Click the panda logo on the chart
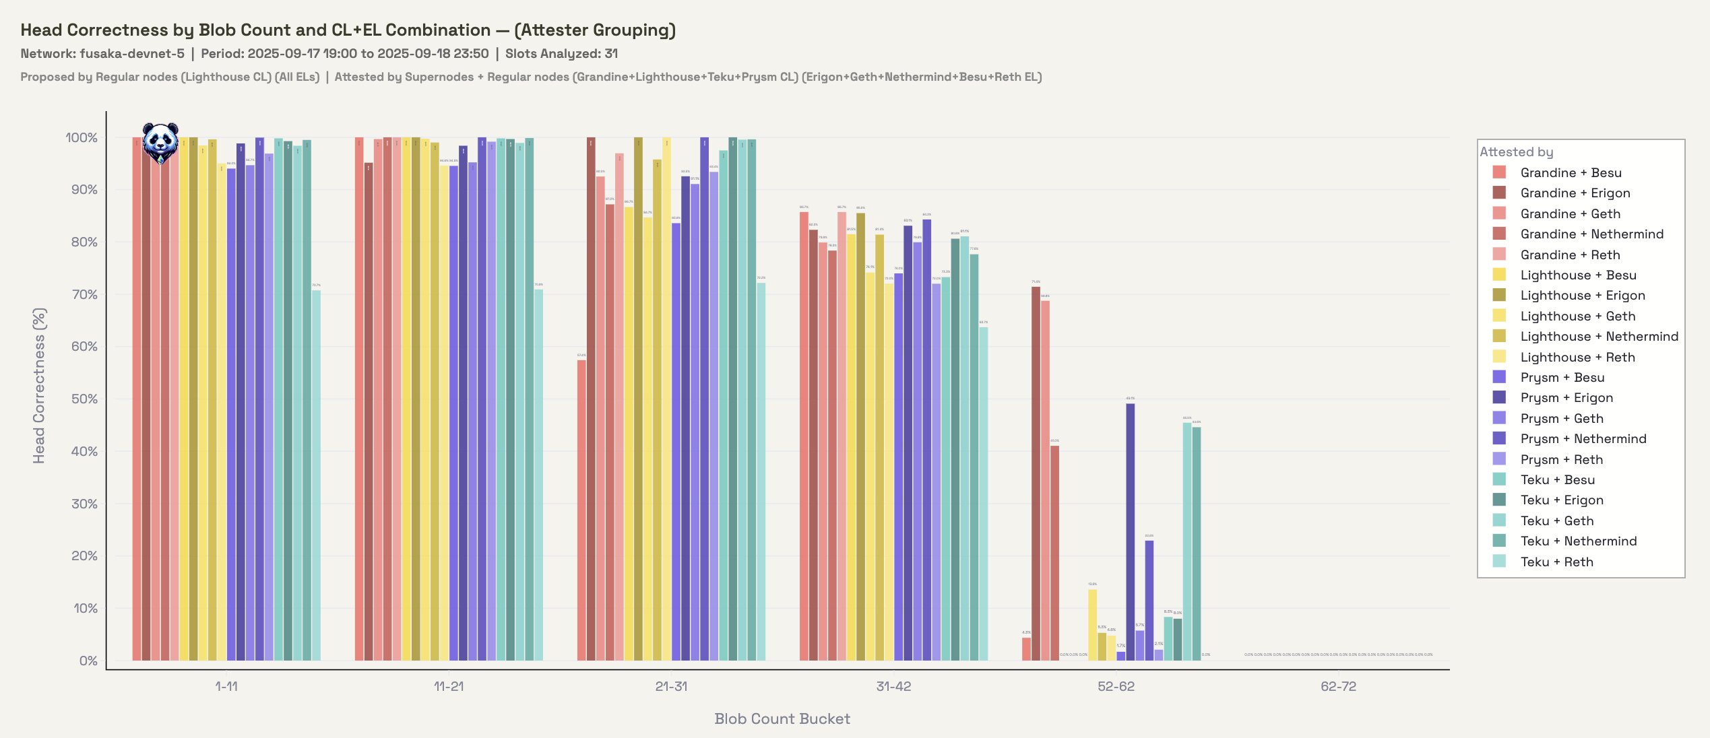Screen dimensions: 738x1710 pos(160,142)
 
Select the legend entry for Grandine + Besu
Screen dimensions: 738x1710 pos(1571,172)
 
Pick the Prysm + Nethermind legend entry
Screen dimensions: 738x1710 pos(1583,438)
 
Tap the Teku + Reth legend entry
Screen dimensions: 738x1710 pos(1556,562)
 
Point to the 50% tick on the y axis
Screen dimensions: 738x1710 pos(84,399)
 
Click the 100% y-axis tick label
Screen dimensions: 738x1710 pos(82,137)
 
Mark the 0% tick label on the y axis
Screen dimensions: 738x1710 pos(88,661)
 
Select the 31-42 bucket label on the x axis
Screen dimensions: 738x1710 pos(893,686)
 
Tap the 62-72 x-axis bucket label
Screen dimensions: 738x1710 pos(1338,686)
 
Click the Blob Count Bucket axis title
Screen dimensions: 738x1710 pos(782,718)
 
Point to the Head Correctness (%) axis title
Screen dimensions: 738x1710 pos(39,386)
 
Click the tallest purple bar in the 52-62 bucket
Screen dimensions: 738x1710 pos(1130,532)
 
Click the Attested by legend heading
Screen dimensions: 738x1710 pos(1516,152)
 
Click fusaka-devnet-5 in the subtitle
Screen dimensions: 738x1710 pos(132,53)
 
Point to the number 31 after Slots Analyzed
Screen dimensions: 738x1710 pos(610,53)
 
